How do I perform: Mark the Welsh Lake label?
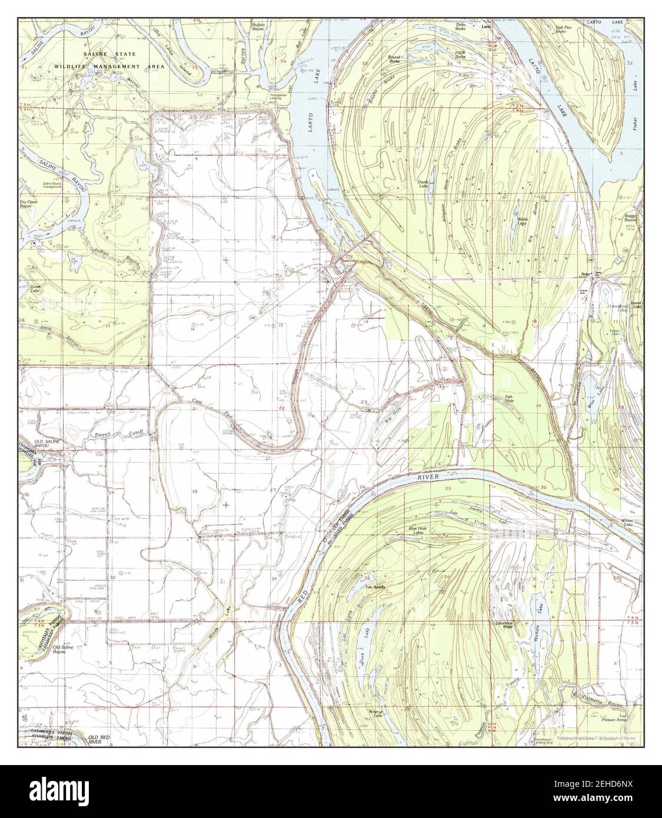pyautogui.click(x=521, y=221)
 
